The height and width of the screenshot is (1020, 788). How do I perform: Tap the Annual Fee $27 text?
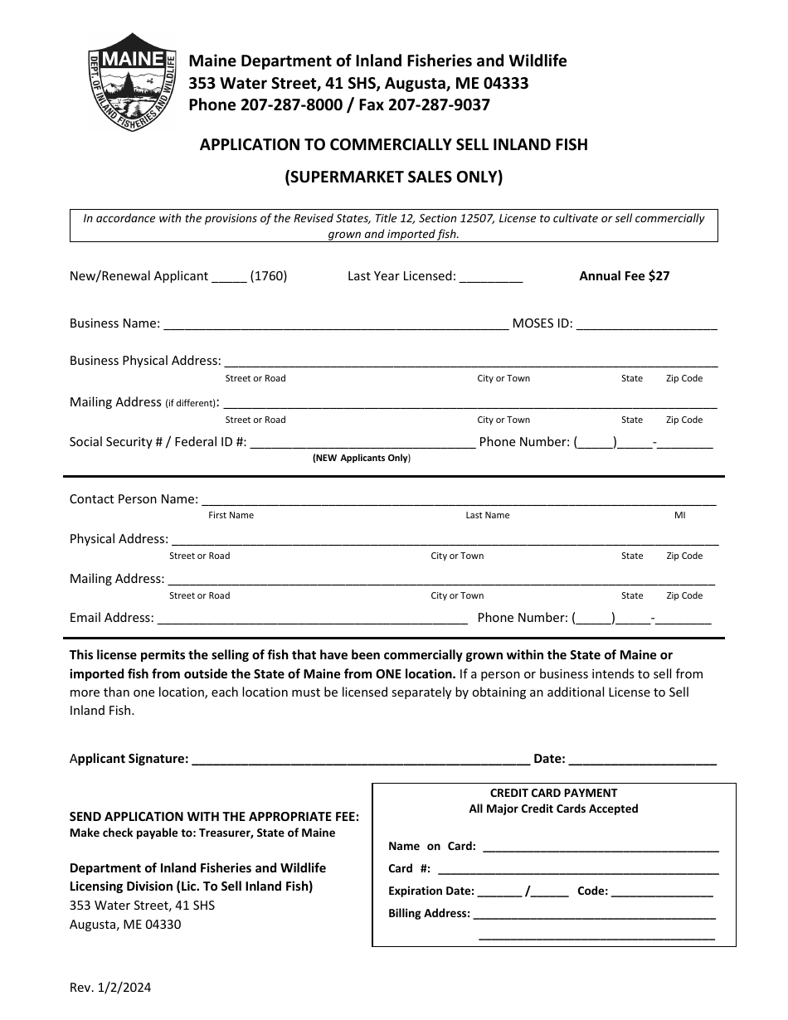click(624, 276)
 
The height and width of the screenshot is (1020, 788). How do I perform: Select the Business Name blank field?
click(336, 324)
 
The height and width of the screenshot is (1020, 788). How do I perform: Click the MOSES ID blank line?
click(646, 324)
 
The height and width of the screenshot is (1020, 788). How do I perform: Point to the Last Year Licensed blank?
click(491, 277)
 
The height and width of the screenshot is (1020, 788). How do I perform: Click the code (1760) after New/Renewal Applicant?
click(269, 276)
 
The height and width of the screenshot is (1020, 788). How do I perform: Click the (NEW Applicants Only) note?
click(361, 458)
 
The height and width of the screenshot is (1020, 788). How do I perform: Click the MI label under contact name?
click(680, 515)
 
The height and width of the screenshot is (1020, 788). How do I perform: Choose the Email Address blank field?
click(313, 619)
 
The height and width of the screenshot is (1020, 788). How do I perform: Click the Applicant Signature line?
click(361, 759)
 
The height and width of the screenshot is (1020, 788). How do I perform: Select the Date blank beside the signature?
click(643, 759)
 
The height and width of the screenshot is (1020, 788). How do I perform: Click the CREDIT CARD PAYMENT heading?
click(553, 793)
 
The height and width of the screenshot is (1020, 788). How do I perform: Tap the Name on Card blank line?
click(601, 848)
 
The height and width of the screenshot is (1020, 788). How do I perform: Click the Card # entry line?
click(577, 870)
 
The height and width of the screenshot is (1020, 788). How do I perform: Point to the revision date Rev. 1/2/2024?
click(110, 988)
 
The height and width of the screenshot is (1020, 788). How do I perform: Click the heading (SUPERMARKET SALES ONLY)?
click(394, 176)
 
